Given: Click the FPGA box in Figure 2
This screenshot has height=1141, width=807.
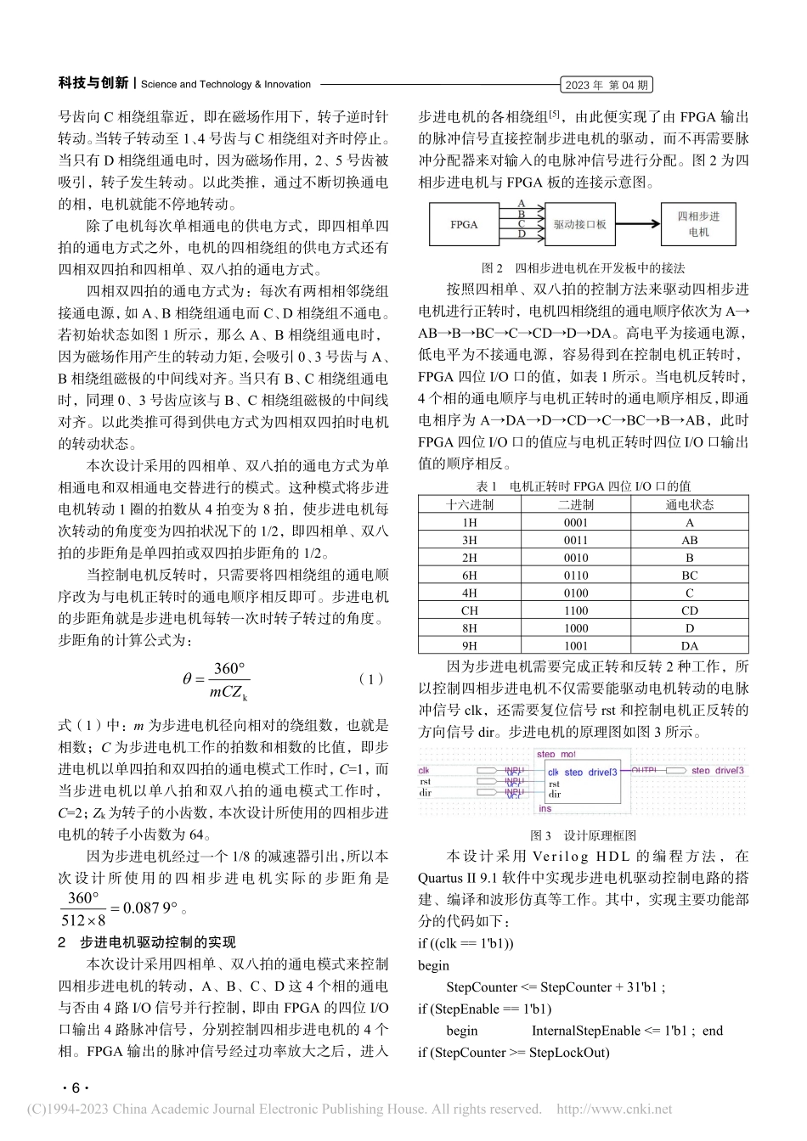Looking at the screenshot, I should [464, 225].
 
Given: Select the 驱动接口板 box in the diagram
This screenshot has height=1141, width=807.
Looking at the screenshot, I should [579, 225].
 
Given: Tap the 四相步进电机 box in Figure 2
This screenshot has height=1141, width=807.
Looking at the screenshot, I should [697, 224].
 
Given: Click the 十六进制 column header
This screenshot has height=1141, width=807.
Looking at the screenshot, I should [470, 504].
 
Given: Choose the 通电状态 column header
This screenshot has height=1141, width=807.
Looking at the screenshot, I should [689, 504].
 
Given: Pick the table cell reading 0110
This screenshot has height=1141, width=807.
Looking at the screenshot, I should [576, 576].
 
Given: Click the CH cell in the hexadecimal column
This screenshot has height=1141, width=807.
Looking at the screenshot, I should [470, 610].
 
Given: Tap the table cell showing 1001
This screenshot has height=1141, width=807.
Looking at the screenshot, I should [576, 645].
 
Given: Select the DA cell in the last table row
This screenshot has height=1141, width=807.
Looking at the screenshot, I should [689, 645].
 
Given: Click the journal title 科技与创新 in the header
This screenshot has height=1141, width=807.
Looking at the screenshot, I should [93, 83].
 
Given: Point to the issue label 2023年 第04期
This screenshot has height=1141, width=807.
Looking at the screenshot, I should [607, 85].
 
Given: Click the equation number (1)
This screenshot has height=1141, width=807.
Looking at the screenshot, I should [371, 679].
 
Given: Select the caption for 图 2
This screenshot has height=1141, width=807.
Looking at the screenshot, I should [583, 267].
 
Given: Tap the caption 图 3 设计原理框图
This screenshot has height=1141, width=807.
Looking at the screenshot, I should [583, 835].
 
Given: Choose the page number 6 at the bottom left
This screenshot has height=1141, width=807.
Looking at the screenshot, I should [75, 1088].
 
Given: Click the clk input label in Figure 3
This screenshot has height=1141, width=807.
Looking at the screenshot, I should [424, 771].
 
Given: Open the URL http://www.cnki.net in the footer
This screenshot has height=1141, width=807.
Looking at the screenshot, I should [613, 1109].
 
